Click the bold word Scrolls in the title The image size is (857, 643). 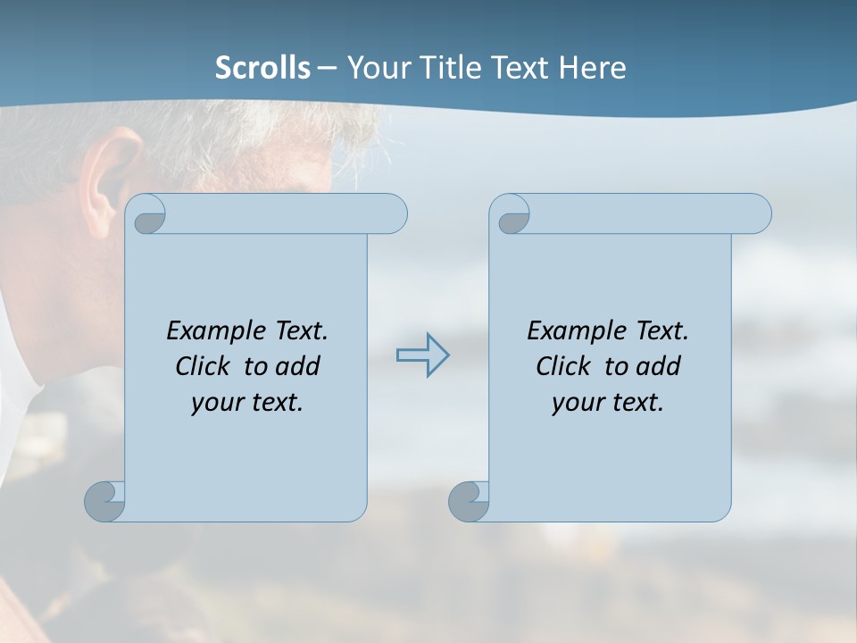pyautogui.click(x=263, y=68)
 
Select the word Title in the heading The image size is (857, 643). pyautogui.click(x=444, y=68)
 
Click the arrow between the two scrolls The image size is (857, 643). pyautogui.click(x=423, y=355)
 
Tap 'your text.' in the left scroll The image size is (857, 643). pyautogui.click(x=247, y=402)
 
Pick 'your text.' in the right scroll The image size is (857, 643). pyautogui.click(x=608, y=402)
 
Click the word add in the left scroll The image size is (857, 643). pyautogui.click(x=298, y=366)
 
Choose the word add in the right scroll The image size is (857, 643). pyautogui.click(x=659, y=366)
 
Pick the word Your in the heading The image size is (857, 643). pyautogui.click(x=375, y=68)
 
